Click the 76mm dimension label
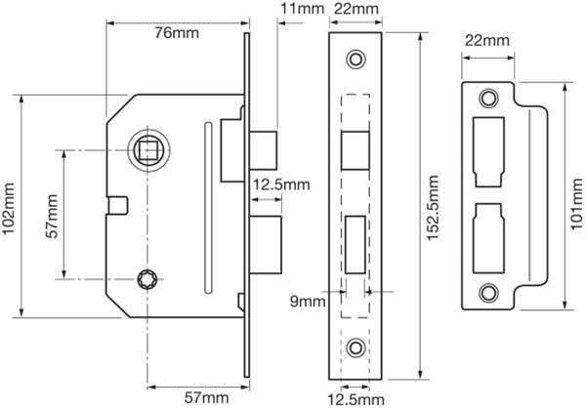pos(177,33)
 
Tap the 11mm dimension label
pos(303,8)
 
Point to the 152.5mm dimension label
pos(433,208)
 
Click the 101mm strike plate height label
pos(577,204)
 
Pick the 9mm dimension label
pos(308,301)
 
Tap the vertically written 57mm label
pos(52,217)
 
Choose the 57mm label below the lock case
pos(206,398)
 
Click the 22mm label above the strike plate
pos(487,40)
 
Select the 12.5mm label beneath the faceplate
pos(356,399)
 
